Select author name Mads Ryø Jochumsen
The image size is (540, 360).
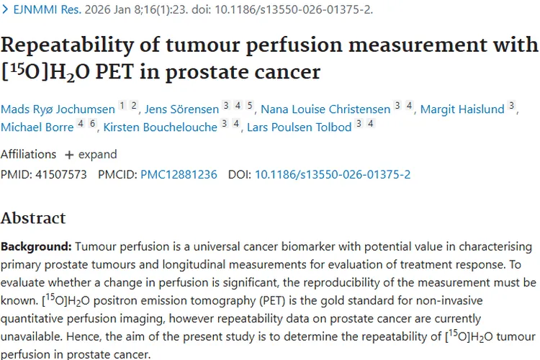[x=58, y=109]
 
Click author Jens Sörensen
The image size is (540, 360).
[x=181, y=109]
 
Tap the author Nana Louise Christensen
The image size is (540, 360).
[x=324, y=109]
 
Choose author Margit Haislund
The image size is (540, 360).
[x=462, y=109]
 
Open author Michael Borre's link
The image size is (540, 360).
[x=37, y=127]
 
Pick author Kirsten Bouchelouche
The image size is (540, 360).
[x=160, y=127]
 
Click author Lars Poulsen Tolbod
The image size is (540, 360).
[x=299, y=127]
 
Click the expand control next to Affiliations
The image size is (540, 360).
[x=90, y=154]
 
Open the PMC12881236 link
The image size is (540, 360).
[x=179, y=174]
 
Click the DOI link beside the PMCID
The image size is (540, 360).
[x=333, y=174]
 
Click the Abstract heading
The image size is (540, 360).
[x=33, y=218]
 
